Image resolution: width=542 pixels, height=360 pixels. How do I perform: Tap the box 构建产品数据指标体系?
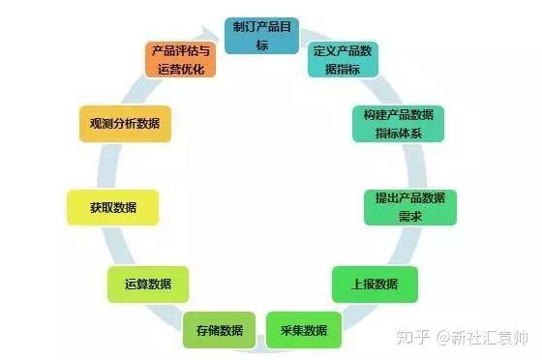pos(398,123)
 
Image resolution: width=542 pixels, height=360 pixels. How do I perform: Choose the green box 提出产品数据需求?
pos(410,206)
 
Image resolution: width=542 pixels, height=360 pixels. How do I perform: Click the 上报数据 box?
pos(375,285)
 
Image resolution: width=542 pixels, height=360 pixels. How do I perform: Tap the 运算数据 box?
pos(148,285)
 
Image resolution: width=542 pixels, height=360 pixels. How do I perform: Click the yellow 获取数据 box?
pos(113,207)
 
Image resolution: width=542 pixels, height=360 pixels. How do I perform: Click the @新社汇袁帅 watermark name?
pos(481,338)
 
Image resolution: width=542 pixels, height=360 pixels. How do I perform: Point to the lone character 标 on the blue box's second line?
pos(256,44)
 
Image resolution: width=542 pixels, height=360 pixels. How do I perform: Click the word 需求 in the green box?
pos(410,216)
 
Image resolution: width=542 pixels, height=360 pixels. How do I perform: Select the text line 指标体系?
pos(398,133)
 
